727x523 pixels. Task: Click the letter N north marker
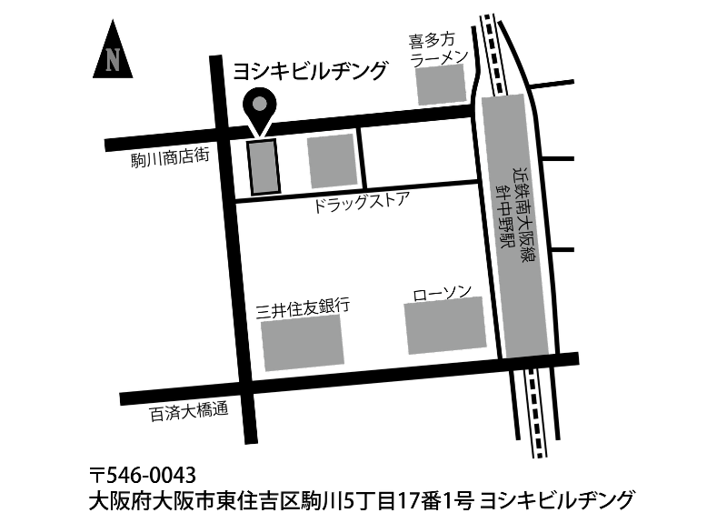113,61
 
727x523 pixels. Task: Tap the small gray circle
260,104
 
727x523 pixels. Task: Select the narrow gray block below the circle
264,167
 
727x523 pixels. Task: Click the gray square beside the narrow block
332,161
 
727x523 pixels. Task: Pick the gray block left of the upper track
441,85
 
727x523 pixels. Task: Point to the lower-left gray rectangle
303,343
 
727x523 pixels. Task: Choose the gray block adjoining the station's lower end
445,325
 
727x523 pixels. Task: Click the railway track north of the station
493,55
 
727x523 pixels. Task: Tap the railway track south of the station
535,413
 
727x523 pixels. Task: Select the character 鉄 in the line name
521,189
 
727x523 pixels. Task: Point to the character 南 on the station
523,206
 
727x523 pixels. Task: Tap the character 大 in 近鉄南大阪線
524,222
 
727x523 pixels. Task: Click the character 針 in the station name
501,191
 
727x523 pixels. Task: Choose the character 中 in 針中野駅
503,207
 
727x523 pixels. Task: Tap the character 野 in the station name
504,224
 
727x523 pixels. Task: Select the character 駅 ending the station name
506,240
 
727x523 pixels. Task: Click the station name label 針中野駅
503,216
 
